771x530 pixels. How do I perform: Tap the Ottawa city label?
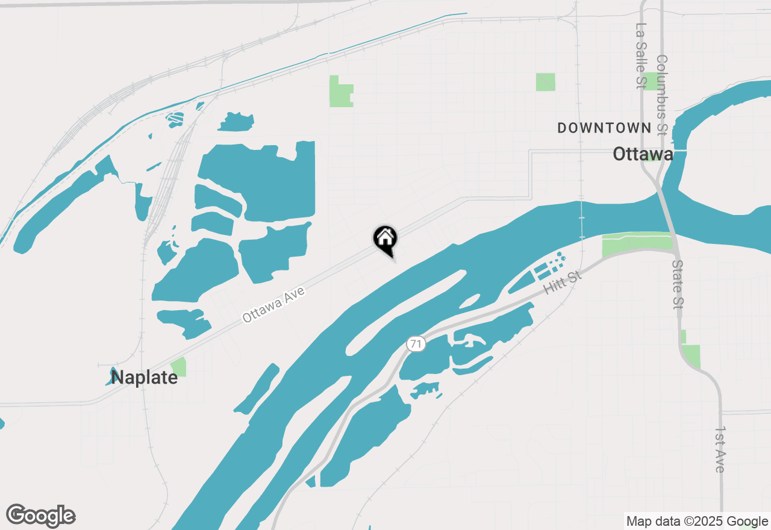pyautogui.click(x=643, y=154)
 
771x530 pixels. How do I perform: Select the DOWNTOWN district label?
pyautogui.click(x=604, y=128)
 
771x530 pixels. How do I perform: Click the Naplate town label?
pyautogui.click(x=145, y=378)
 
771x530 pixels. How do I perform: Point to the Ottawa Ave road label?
pyautogui.click(x=274, y=305)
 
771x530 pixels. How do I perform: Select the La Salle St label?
pyautogui.click(x=640, y=56)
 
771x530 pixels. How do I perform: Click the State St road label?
pyautogui.click(x=678, y=285)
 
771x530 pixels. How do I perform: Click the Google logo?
pyautogui.click(x=41, y=516)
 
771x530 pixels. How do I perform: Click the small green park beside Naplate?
pyautogui.click(x=178, y=367)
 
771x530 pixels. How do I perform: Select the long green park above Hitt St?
pyautogui.click(x=637, y=243)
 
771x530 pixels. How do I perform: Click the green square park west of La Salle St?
pyautogui.click(x=546, y=82)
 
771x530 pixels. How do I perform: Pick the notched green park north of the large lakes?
pyautogui.click(x=340, y=92)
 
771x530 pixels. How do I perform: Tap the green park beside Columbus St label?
pyautogui.click(x=651, y=81)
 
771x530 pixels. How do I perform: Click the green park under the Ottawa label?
pyautogui.click(x=652, y=158)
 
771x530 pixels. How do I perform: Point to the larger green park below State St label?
pyautogui.click(x=691, y=356)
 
